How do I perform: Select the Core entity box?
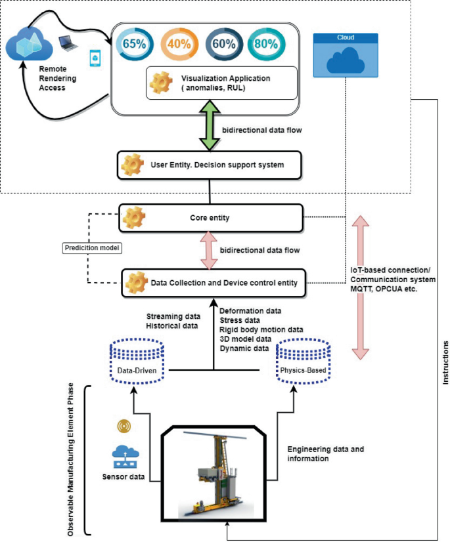[210, 217]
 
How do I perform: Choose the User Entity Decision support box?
[210, 165]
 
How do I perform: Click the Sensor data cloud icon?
[124, 454]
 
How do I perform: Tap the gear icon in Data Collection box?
[136, 282]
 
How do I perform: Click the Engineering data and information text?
[325, 454]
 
